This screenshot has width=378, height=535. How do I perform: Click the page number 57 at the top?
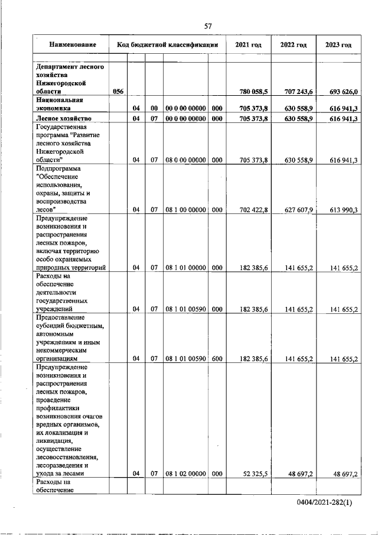point(207,25)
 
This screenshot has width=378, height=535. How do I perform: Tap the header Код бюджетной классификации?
point(167,45)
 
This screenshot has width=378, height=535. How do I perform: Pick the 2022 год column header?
point(294,45)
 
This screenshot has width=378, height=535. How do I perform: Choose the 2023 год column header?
point(338,45)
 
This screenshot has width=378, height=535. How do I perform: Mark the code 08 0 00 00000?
point(185,160)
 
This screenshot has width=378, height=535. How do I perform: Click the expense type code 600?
point(216,358)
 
